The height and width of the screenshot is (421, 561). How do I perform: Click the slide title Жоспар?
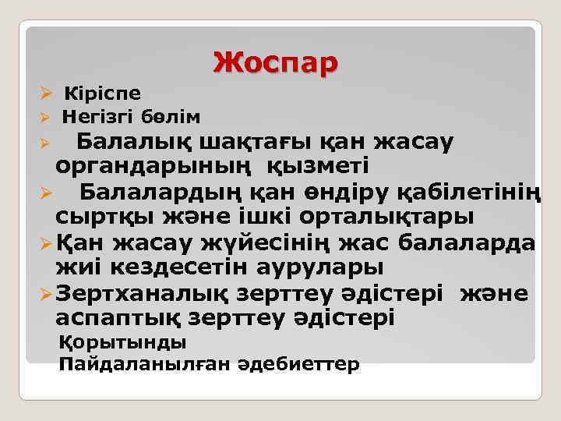[276, 62]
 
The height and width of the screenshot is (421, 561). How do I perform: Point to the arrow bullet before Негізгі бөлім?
[46, 118]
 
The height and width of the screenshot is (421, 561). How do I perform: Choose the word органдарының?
[158, 165]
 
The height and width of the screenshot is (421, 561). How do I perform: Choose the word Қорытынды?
[122, 342]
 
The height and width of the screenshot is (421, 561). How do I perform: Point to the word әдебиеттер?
[293, 364]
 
